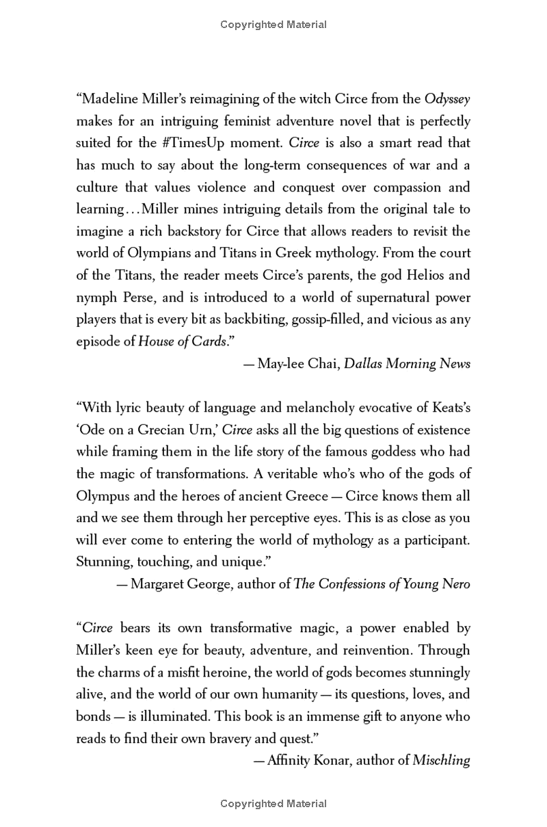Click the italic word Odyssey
(x=447, y=99)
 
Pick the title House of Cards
(x=182, y=341)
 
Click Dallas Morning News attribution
(x=408, y=363)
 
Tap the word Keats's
(x=445, y=408)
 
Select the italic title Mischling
(x=441, y=761)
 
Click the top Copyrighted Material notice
(x=273, y=25)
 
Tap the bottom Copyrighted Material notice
(x=273, y=804)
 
